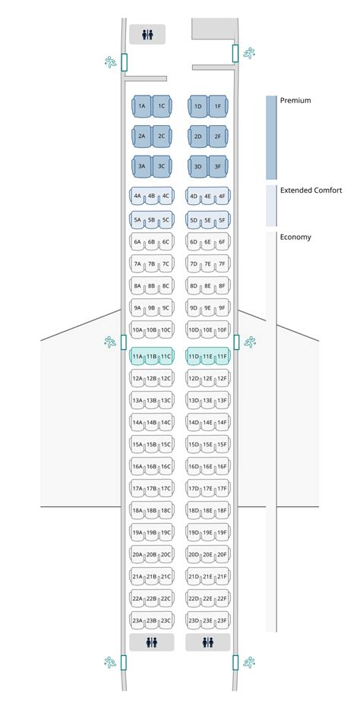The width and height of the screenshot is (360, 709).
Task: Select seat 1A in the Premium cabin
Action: click(x=141, y=107)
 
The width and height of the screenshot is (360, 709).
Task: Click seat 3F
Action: click(x=218, y=166)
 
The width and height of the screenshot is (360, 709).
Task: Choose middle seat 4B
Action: click(x=151, y=197)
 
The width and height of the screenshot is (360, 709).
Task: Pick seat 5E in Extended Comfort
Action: click(x=207, y=221)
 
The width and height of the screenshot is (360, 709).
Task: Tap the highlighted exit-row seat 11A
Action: click(x=137, y=356)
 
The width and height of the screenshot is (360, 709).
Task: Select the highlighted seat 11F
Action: click(x=222, y=356)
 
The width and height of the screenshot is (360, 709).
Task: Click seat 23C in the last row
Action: click(x=166, y=621)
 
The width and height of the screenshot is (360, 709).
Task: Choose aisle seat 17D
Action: click(x=194, y=489)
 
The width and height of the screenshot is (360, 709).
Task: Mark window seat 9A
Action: click(x=137, y=308)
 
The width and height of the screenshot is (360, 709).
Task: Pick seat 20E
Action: click(x=207, y=555)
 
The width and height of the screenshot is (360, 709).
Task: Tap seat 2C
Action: click(x=162, y=137)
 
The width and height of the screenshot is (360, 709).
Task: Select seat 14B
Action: click(x=151, y=423)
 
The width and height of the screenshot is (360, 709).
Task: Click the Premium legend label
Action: click(x=295, y=100)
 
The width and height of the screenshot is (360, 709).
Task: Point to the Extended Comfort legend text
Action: click(x=311, y=191)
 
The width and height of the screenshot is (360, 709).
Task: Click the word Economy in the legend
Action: click(x=295, y=237)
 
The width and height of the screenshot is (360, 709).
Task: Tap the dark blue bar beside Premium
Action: click(x=271, y=137)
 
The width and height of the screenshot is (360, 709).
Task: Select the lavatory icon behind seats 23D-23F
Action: click(x=208, y=642)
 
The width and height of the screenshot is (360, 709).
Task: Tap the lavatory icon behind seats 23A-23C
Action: click(x=151, y=642)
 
